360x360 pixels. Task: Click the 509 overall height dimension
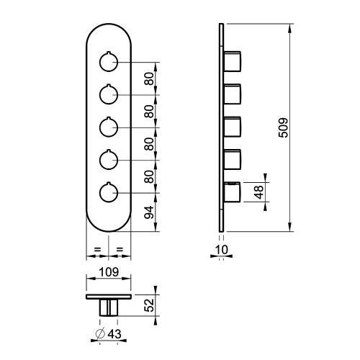[x=283, y=128]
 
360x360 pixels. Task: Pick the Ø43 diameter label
[x=109, y=333]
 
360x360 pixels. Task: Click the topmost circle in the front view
[x=109, y=63]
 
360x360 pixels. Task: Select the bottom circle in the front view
[x=109, y=193]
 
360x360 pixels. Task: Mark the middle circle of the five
[x=109, y=127]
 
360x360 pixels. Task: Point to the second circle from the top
[x=109, y=95]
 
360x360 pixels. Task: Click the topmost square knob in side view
[x=232, y=63]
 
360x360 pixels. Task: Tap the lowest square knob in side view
[x=232, y=193]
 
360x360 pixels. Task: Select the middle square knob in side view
[x=232, y=127]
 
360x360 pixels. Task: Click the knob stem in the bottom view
[x=109, y=307]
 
